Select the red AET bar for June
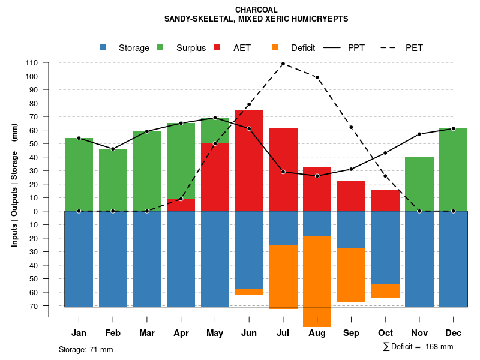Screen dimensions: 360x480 pyautogui.click(x=249, y=161)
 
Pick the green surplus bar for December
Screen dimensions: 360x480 pyautogui.click(x=453, y=169)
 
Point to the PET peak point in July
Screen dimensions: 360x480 pyautogui.click(x=283, y=64)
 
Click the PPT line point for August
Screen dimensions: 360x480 pyautogui.click(x=317, y=176)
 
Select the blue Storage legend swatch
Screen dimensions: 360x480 pyautogui.click(x=103, y=48)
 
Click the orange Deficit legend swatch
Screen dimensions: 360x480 pyautogui.click(x=275, y=48)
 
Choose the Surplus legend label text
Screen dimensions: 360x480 pyautogui.click(x=191, y=48)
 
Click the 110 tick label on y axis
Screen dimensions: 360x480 pyautogui.click(x=32, y=62)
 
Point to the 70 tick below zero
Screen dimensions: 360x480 pyautogui.click(x=34, y=306)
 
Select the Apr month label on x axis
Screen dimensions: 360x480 pyautogui.click(x=181, y=333)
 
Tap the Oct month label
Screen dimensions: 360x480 pyautogui.click(x=386, y=333)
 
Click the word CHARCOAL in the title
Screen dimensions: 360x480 pyautogui.click(x=256, y=10)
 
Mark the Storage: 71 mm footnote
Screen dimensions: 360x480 pyautogui.click(x=86, y=349)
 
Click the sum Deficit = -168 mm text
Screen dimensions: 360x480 pyautogui.click(x=418, y=347)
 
